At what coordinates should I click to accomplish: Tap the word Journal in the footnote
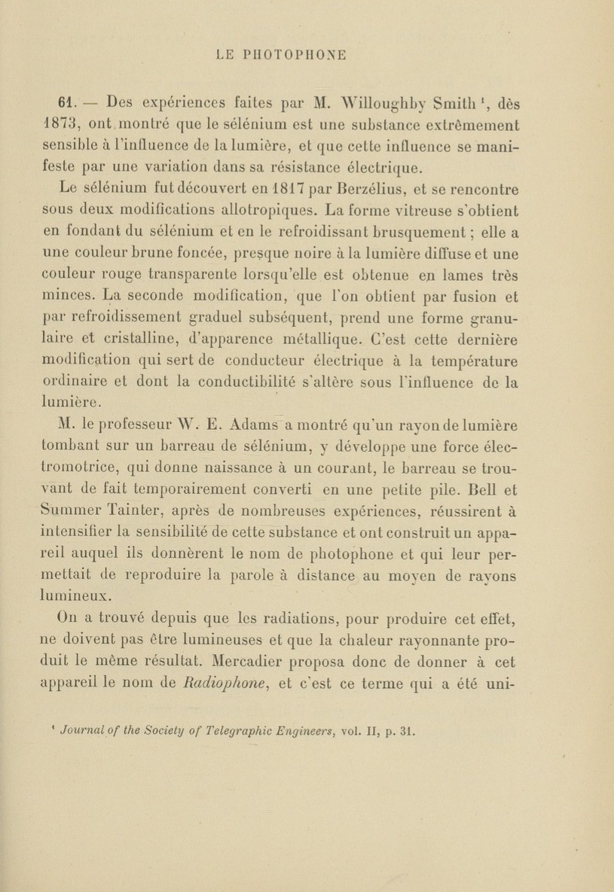(84, 730)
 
